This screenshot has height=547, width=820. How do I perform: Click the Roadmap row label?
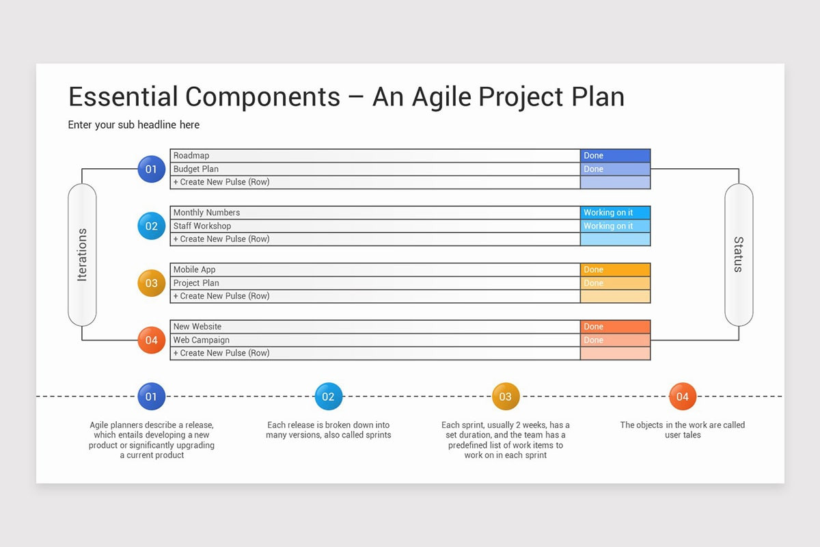pyautogui.click(x=191, y=156)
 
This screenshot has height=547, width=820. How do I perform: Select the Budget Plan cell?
pyautogui.click(x=196, y=169)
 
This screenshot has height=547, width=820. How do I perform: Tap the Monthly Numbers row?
pyautogui.click(x=206, y=213)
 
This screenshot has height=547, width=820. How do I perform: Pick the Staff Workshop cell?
pyautogui.click(x=202, y=226)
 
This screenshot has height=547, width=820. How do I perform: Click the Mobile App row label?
pyautogui.click(x=194, y=269)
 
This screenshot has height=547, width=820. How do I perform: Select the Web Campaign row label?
pyautogui.click(x=202, y=340)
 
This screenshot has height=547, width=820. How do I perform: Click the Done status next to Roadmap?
pyautogui.click(x=615, y=156)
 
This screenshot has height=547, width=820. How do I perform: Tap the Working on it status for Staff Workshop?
pyautogui.click(x=615, y=226)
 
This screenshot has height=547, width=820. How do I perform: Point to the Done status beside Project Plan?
pyautogui.click(x=615, y=283)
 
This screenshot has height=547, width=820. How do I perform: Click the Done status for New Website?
pyautogui.click(x=615, y=327)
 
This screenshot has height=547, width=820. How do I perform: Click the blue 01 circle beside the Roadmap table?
pyautogui.click(x=151, y=169)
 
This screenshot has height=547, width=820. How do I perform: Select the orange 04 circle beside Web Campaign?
pyautogui.click(x=151, y=340)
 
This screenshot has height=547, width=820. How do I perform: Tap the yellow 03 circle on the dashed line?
pyautogui.click(x=506, y=397)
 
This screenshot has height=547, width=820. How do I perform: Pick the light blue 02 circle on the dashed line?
pyautogui.click(x=328, y=397)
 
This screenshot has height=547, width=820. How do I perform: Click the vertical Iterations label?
pyautogui.click(x=82, y=254)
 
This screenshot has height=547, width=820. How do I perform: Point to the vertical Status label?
pyautogui.click(x=738, y=254)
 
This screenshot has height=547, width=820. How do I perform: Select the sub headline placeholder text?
pyautogui.click(x=134, y=125)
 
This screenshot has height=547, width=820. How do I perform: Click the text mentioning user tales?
pyautogui.click(x=682, y=430)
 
